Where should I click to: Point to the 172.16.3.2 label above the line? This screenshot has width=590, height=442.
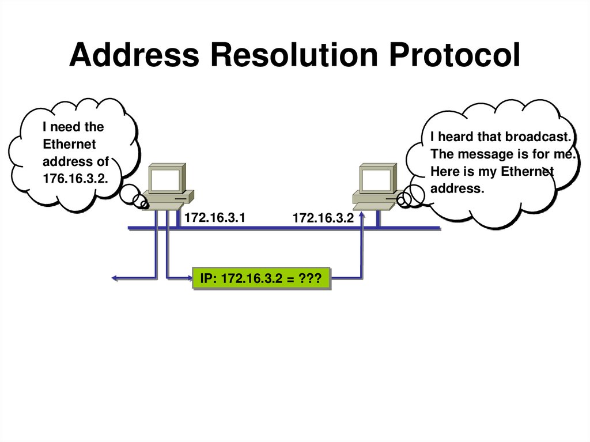pos(323,218)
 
